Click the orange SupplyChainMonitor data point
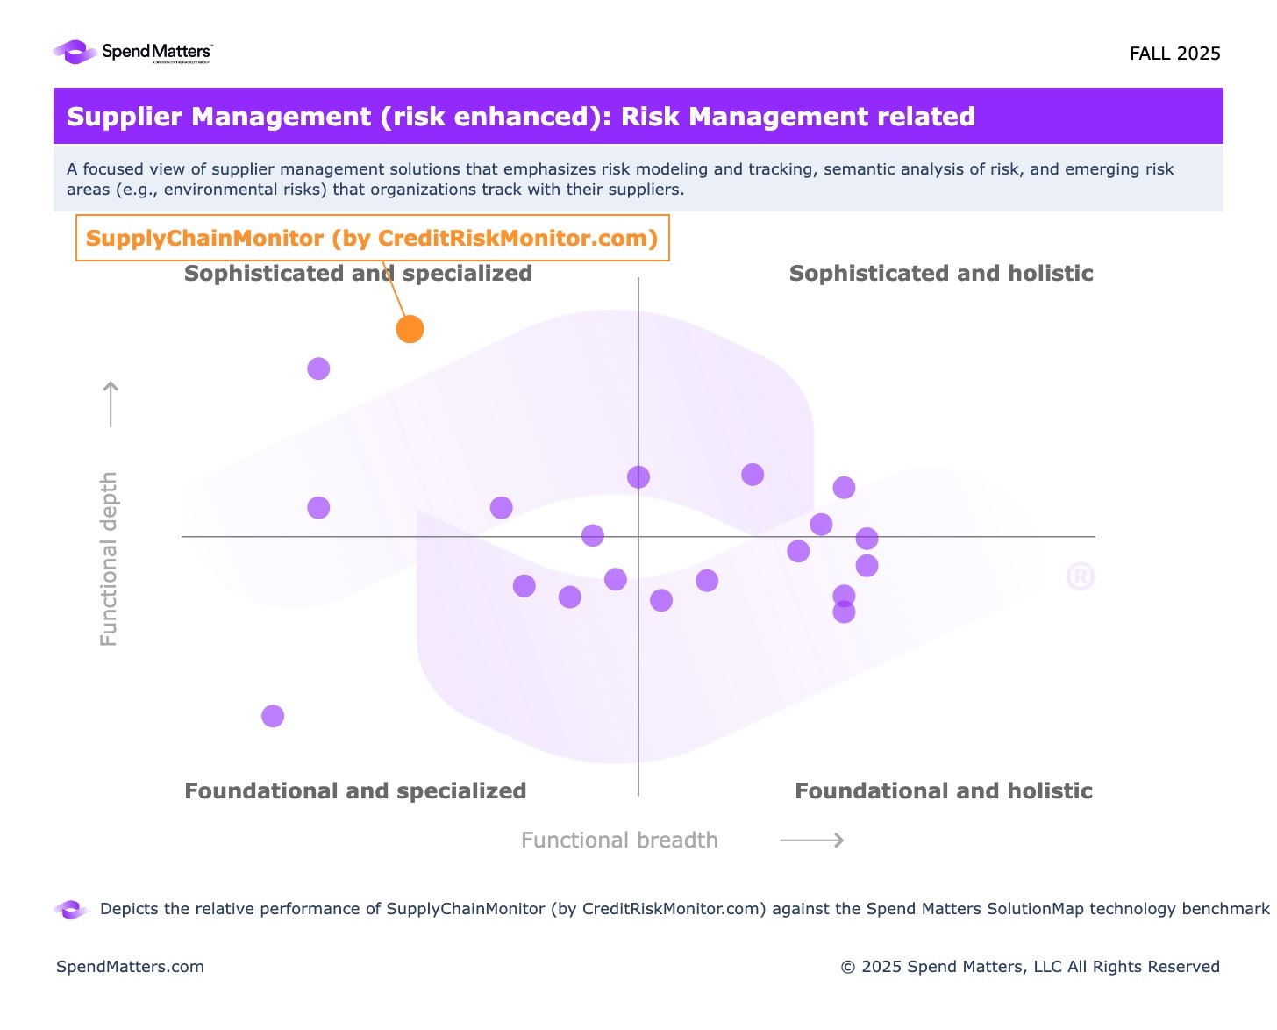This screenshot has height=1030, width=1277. [x=410, y=329]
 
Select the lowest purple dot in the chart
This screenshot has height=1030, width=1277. [x=273, y=716]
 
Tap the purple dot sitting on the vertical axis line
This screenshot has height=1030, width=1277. [x=638, y=476]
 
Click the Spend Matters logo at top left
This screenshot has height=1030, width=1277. [x=132, y=53]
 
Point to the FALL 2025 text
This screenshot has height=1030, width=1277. [x=1174, y=54]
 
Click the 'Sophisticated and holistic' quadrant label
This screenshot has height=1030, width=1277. [x=940, y=274]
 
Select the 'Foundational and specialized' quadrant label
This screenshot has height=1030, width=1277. [x=355, y=791]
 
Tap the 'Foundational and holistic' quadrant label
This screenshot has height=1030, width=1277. [x=943, y=791]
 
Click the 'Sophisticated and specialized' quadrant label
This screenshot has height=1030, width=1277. [x=358, y=274]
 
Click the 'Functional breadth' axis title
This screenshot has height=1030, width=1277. [x=619, y=840]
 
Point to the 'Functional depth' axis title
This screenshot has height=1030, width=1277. [x=109, y=559]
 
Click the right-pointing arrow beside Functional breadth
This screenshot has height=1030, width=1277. [x=812, y=840]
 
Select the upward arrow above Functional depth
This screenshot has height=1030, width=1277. [x=111, y=404]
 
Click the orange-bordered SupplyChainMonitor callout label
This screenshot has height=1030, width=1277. [x=372, y=238]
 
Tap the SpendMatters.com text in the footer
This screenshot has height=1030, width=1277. [x=130, y=967]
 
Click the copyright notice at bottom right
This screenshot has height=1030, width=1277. [x=1030, y=967]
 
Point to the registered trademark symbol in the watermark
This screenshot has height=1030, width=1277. [x=1080, y=576]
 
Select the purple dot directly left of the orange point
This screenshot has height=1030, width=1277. [x=318, y=368]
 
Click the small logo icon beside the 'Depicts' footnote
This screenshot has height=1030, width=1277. [x=72, y=910]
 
